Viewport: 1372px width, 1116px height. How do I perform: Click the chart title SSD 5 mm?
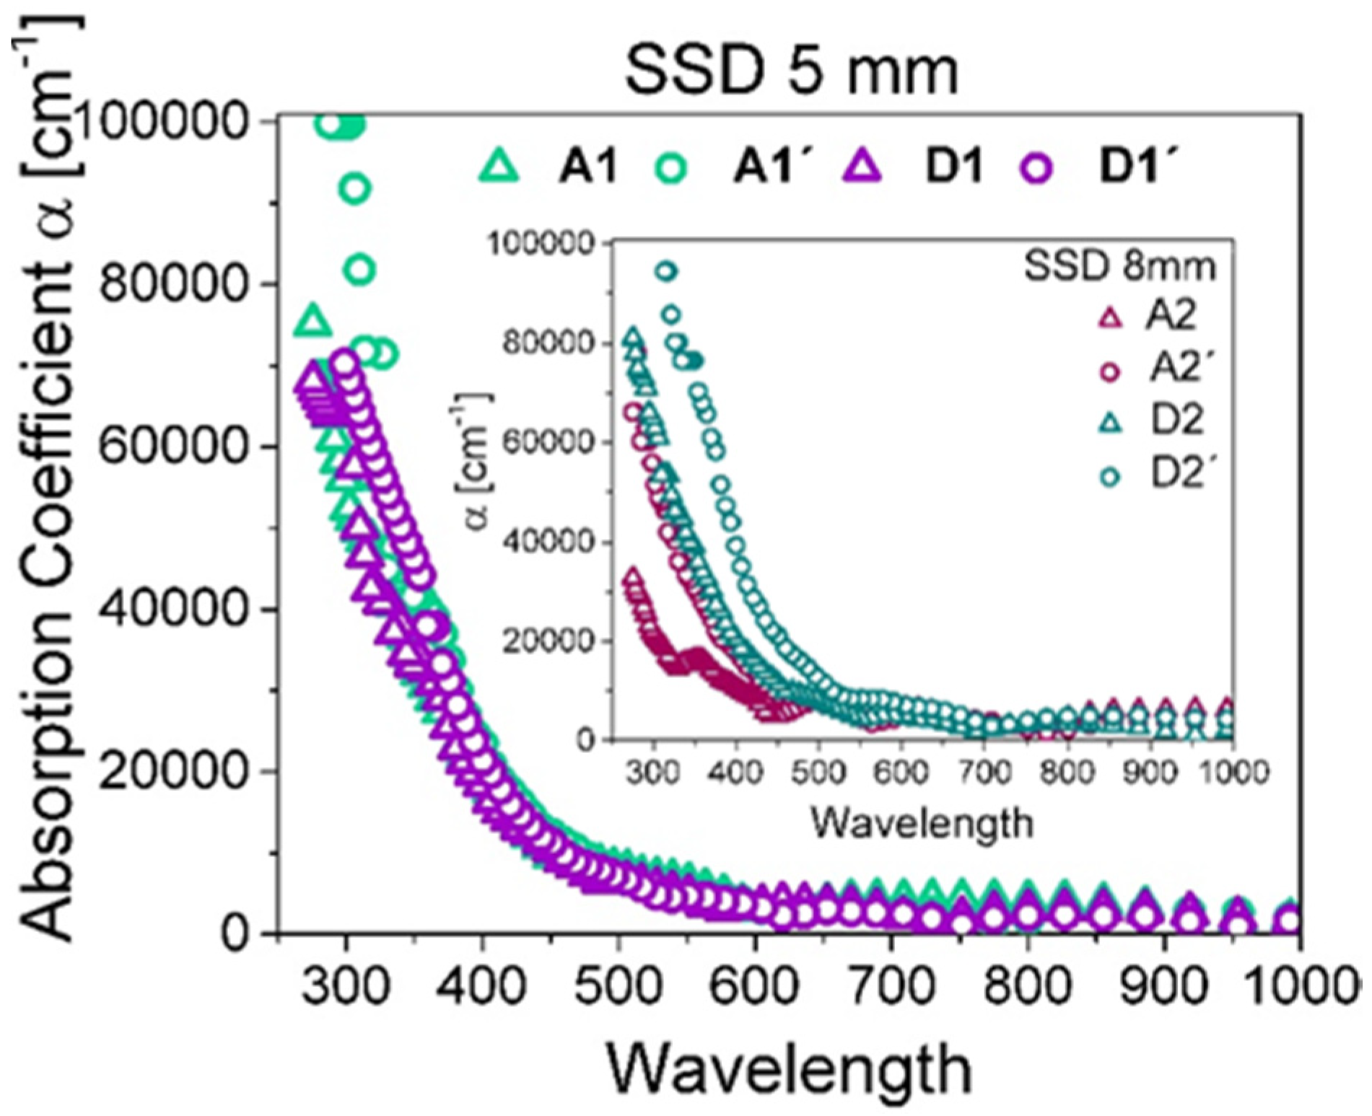792,71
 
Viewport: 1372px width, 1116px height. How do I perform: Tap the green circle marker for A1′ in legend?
670,167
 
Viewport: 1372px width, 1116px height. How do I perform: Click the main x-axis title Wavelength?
789,1069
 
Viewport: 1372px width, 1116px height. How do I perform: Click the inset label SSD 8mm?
1120,267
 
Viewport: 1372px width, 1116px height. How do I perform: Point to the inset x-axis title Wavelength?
922,822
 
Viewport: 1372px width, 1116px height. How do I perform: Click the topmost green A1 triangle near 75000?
313,321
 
